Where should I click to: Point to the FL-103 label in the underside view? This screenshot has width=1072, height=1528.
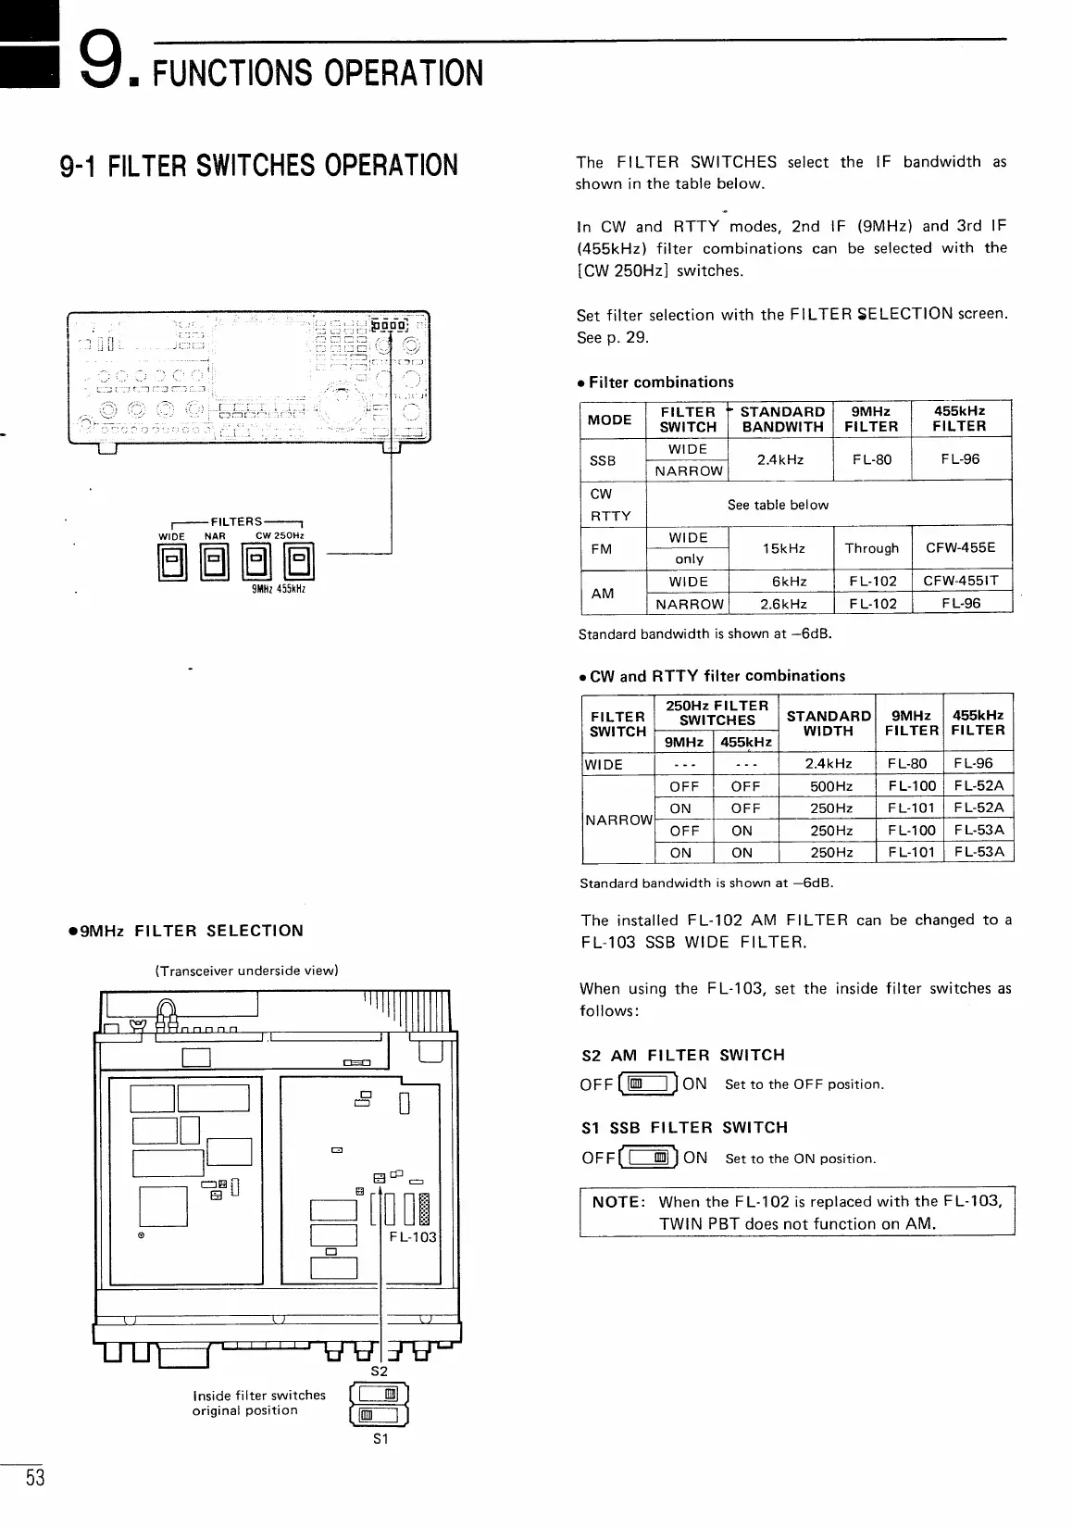pos(413,1236)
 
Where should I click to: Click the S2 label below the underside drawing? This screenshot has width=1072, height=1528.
pos(379,1371)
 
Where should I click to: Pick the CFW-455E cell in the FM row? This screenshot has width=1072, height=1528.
pos(960,547)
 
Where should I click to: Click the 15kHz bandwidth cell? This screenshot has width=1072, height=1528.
pos(779,548)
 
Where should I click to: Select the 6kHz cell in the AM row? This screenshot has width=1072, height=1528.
pos(790,582)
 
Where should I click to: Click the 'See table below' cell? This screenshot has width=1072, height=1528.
pos(778,505)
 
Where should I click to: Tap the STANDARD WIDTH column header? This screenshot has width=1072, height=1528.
pos(829,723)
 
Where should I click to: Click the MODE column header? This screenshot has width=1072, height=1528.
pos(610,420)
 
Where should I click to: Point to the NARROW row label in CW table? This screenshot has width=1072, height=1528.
pos(617,820)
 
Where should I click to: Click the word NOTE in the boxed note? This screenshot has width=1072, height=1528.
pos(617,1202)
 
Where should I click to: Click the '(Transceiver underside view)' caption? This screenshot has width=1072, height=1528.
pos(246,971)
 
